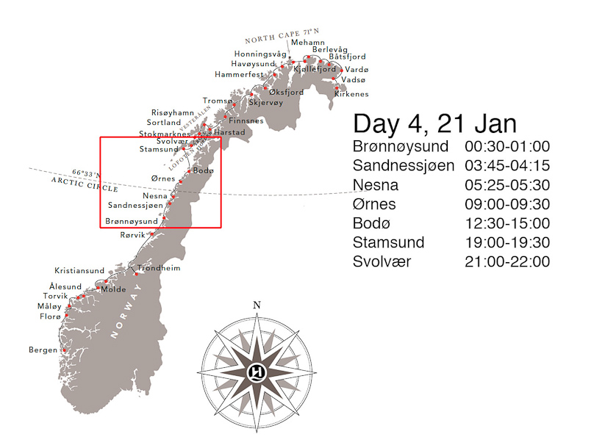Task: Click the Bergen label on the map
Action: (x=43, y=350)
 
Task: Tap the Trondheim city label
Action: (x=159, y=268)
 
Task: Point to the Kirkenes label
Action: (x=351, y=94)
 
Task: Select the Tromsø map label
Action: (x=217, y=101)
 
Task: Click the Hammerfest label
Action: (x=239, y=74)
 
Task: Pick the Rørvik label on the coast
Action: (x=133, y=235)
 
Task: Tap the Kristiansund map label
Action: (x=79, y=270)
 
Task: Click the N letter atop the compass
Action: (x=257, y=305)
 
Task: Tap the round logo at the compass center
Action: (x=257, y=369)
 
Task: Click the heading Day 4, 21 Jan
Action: (x=434, y=123)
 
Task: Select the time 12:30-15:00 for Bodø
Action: (x=507, y=223)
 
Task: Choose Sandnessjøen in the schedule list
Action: (x=404, y=165)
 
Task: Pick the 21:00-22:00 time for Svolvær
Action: (x=507, y=262)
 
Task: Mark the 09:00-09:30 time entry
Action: (x=507, y=204)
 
